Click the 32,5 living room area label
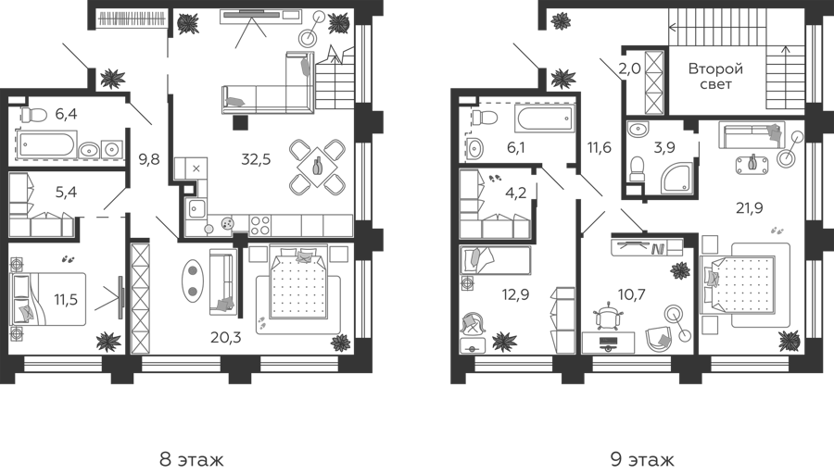[x=256, y=159]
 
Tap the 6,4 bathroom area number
[x=66, y=114]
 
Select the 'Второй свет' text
[x=715, y=76]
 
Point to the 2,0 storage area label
[x=629, y=69]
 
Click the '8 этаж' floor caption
[x=192, y=459]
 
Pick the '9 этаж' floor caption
[x=642, y=459]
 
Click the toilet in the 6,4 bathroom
[x=33, y=114]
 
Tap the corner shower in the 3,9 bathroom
[x=676, y=179]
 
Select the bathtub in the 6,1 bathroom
[x=545, y=118]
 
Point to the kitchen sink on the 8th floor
[x=196, y=208]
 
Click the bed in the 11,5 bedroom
[x=48, y=299]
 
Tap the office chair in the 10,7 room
[x=607, y=317]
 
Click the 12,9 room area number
[x=515, y=293]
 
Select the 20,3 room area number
[x=225, y=336]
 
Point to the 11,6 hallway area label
[x=599, y=148]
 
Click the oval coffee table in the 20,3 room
[x=193, y=281]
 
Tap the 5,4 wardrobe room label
[x=66, y=192]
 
